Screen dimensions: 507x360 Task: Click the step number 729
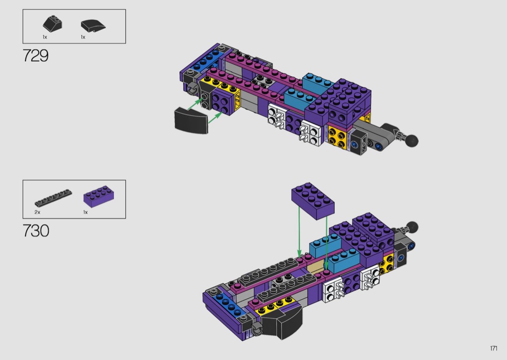tap(36, 55)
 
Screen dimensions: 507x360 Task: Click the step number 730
tap(36, 231)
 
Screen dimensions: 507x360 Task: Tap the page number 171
tap(494, 348)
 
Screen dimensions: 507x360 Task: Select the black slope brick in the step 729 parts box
tap(52, 23)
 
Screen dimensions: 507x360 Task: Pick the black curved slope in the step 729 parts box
tap(93, 26)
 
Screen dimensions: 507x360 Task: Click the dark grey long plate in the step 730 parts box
tap(53, 198)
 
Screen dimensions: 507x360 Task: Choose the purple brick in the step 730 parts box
tap(99, 196)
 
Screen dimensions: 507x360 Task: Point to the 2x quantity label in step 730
tap(37, 212)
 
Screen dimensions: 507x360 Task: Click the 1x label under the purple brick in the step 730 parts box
tap(85, 212)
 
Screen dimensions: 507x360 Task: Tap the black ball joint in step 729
tap(411, 140)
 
